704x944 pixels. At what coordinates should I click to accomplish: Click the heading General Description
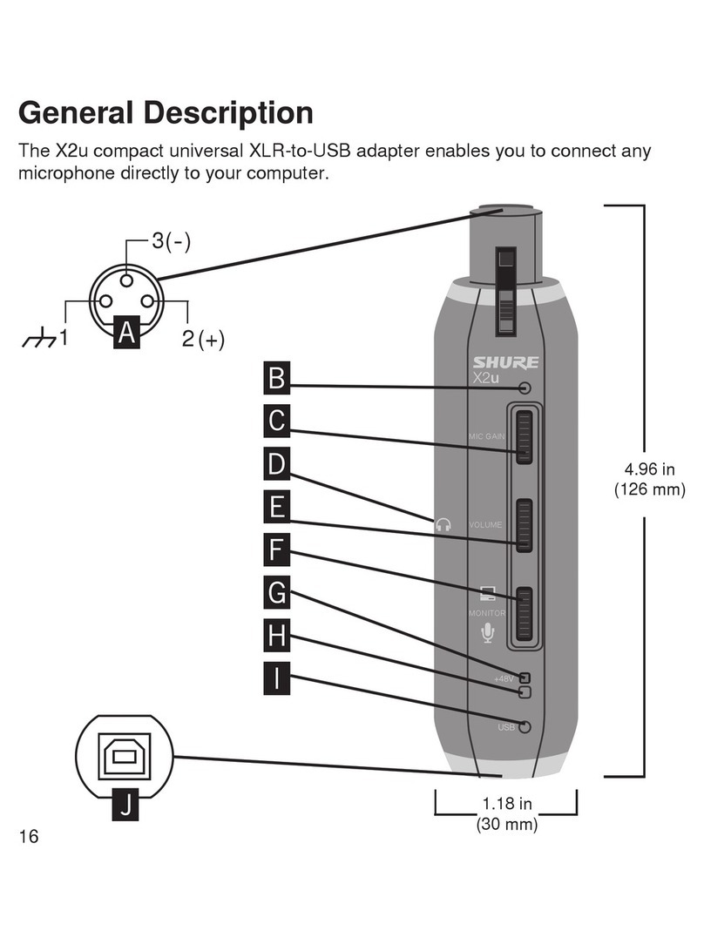[x=166, y=112]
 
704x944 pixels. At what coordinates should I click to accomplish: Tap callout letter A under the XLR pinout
[x=128, y=332]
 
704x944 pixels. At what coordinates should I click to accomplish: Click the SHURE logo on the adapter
[x=506, y=362]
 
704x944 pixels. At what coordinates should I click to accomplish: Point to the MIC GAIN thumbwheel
[x=524, y=436]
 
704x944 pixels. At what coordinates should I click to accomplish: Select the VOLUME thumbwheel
[x=524, y=525]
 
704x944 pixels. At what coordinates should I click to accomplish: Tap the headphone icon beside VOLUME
[x=444, y=524]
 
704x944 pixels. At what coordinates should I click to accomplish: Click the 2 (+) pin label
[x=203, y=340]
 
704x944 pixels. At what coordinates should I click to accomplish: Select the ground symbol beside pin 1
[x=40, y=338]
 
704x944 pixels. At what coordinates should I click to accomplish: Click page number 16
[x=28, y=837]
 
